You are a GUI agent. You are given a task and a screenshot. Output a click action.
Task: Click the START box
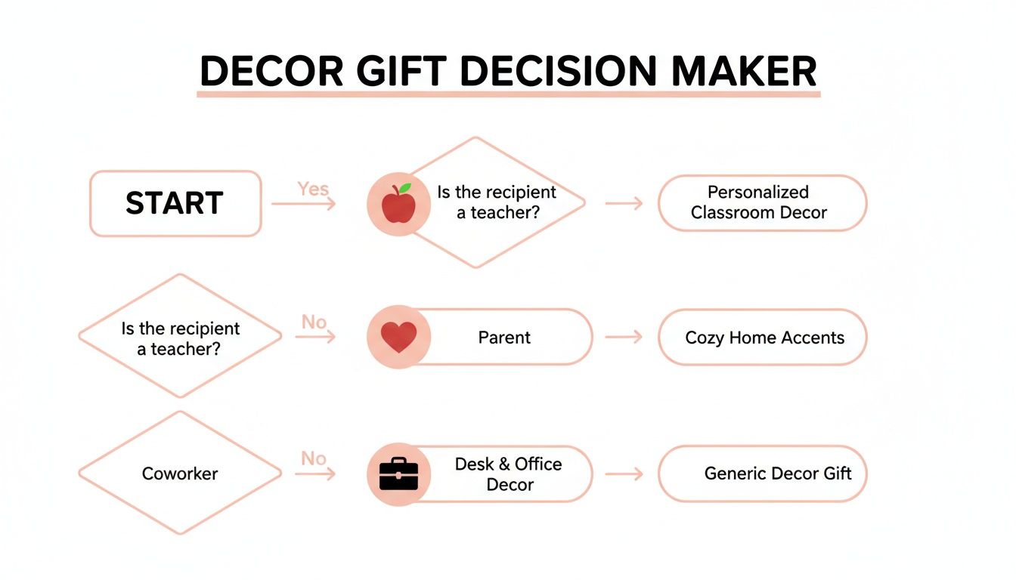point(175,203)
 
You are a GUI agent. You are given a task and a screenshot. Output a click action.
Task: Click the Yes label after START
point(313,189)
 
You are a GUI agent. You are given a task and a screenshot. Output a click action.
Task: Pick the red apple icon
point(398,205)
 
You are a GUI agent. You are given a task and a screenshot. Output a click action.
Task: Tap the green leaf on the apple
point(406,188)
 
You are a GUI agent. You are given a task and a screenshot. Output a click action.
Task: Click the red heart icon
point(398,338)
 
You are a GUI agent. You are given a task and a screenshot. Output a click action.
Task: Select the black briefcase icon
point(398,474)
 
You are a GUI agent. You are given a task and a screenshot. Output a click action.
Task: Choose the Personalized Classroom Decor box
point(762,202)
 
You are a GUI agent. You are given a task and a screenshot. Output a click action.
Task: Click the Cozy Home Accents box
point(762,338)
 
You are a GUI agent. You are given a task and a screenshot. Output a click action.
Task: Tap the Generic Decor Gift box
point(762,474)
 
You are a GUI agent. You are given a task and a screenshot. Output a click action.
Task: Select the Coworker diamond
point(180,474)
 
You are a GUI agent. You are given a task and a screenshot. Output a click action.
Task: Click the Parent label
point(504,338)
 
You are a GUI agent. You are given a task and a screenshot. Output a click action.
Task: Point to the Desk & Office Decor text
point(508,474)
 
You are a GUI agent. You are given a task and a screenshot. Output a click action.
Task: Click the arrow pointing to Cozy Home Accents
point(624,338)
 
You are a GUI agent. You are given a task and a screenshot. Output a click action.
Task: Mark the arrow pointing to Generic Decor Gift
point(624,474)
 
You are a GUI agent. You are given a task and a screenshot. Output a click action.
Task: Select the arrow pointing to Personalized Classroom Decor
point(624,202)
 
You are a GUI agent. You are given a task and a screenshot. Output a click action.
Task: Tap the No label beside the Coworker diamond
point(314,458)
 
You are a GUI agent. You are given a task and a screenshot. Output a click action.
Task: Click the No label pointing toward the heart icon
point(314,322)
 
